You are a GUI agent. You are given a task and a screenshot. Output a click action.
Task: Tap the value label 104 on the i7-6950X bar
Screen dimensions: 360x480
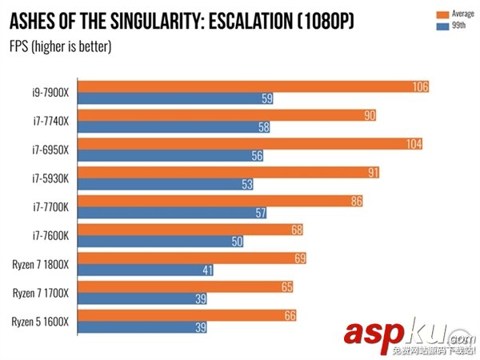[x=413, y=144]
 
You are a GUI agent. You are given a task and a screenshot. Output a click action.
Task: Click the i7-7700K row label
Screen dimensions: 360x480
[x=51, y=206]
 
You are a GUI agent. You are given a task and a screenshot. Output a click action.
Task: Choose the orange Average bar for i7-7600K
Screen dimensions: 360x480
[x=192, y=230]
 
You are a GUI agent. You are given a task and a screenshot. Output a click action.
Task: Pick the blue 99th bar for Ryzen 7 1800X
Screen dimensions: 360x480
[x=148, y=270]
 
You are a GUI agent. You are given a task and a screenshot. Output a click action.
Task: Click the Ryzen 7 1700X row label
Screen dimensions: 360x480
[x=40, y=292]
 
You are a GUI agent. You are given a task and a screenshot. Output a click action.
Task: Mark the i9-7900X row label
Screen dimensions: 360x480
[x=51, y=91]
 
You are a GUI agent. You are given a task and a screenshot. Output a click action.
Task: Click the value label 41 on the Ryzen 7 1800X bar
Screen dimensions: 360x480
[x=206, y=270]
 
